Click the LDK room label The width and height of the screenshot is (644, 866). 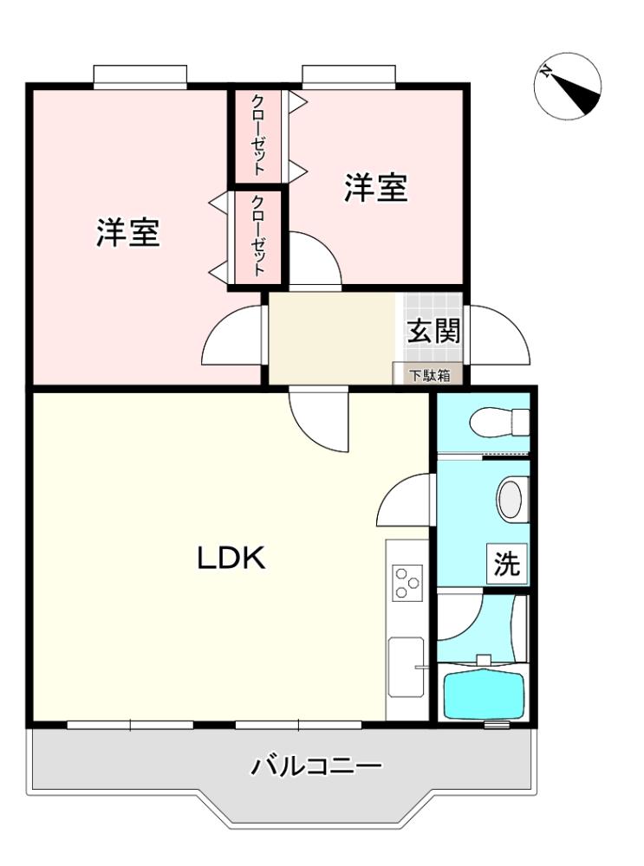[x=231, y=558]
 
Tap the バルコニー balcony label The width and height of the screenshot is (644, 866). [x=316, y=766]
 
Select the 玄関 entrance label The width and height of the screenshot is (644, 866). [x=433, y=331]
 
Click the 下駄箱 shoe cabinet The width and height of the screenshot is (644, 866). [x=428, y=374]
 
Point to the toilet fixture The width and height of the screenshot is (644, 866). [x=499, y=423]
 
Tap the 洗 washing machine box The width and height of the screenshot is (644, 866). [x=506, y=564]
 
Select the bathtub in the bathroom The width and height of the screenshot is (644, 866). [x=484, y=693]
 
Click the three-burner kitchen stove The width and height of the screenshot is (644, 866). [x=407, y=583]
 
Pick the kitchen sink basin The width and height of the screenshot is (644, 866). [x=406, y=667]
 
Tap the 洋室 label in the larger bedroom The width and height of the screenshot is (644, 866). [x=128, y=232]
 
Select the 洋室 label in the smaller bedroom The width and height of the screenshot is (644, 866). [x=376, y=187]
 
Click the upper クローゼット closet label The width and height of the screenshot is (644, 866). [x=258, y=135]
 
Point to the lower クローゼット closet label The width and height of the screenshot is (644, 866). [x=258, y=236]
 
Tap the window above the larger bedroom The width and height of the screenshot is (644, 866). [x=140, y=76]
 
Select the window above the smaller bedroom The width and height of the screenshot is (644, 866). [x=348, y=76]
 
